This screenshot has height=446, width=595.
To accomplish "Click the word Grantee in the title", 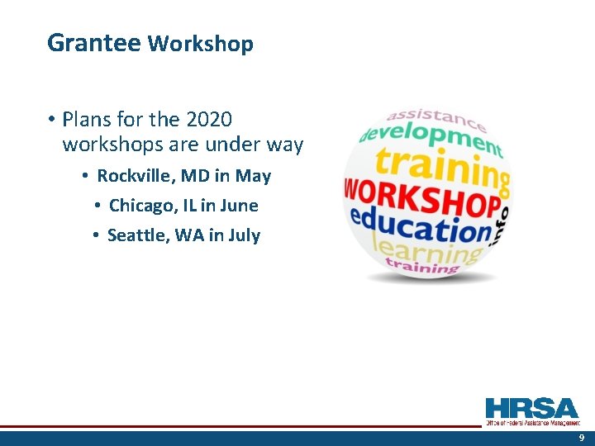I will (93, 43).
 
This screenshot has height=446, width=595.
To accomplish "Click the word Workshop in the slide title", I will (200, 44).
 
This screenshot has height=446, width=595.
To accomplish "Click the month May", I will (253, 177).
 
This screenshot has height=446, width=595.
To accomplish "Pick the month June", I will (240, 206).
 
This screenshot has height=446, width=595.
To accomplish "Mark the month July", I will (244, 235).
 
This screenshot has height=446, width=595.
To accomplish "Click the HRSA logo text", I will (532, 408).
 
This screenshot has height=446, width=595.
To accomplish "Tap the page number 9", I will (581, 438).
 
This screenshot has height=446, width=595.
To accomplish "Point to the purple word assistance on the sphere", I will (436, 119).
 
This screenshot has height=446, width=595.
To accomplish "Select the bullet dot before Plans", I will (51, 120).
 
